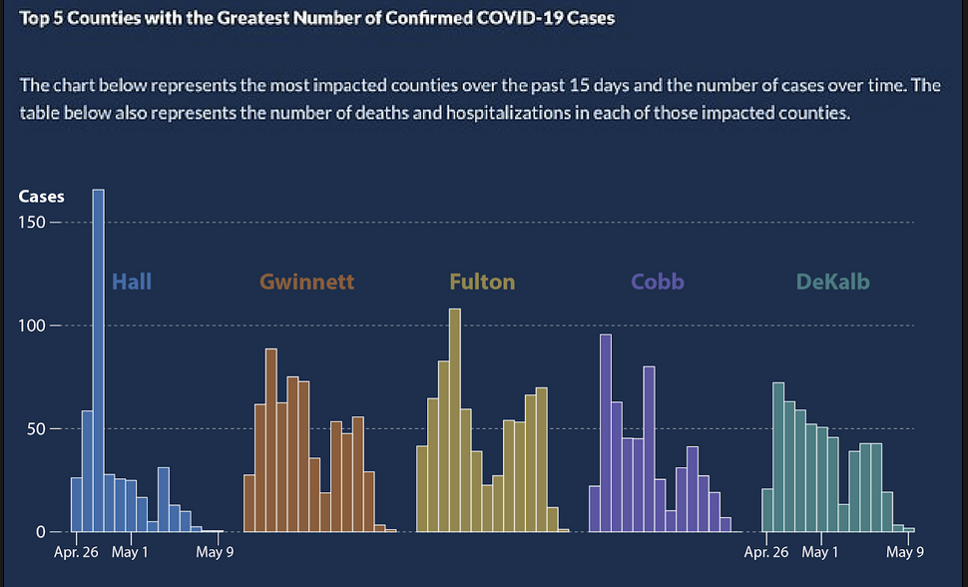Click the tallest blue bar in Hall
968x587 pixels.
98,359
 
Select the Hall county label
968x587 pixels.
132,282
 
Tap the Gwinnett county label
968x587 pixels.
306,282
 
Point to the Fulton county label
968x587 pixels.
482,282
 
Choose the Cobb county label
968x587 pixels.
657,282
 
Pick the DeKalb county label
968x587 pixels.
832,282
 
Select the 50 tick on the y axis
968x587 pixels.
37,429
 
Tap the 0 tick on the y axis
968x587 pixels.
41,532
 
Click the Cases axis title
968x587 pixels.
41,197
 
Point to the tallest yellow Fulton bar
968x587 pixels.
455,419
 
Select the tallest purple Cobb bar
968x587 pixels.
605,432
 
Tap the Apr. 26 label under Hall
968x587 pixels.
76,552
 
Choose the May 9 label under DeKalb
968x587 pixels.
904,552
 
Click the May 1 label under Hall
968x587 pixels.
131,552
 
